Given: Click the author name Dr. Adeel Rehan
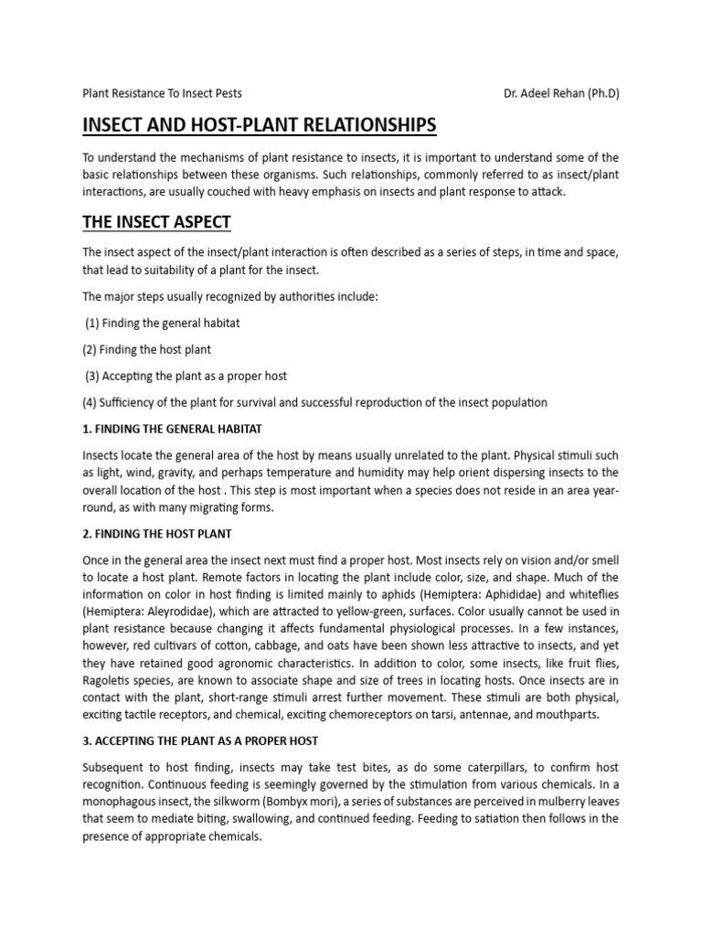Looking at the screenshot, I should point(561,93).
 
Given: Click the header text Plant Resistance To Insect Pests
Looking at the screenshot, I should point(163,93).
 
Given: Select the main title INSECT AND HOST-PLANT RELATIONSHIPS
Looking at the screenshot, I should point(260,124).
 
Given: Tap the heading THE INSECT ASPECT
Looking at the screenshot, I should point(156,221).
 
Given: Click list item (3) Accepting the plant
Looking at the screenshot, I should point(186,376).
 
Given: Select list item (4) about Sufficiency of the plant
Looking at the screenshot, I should point(314,402).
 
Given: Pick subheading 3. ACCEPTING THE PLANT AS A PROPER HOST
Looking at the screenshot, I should point(200,739).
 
